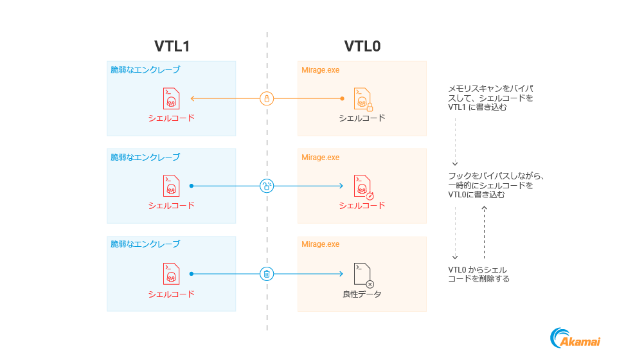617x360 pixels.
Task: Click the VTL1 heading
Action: (x=172, y=46)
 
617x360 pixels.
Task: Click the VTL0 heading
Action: (x=362, y=46)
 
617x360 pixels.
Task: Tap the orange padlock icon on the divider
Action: (x=267, y=98)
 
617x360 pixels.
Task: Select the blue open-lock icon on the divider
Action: (x=267, y=186)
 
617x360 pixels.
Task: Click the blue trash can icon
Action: (x=267, y=274)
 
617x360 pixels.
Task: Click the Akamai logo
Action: (x=575, y=339)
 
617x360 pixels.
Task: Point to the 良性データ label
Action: (x=362, y=294)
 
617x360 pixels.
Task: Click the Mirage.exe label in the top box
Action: (x=321, y=69)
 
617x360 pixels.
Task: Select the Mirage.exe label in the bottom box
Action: (x=321, y=244)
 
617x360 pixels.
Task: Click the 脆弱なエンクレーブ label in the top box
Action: (x=145, y=69)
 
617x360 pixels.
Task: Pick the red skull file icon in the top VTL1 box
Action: (x=171, y=98)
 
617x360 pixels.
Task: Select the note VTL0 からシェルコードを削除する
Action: (x=479, y=274)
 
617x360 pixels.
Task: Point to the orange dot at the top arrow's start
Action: (x=342, y=98)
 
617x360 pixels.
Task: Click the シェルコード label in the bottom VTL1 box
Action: (x=171, y=294)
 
